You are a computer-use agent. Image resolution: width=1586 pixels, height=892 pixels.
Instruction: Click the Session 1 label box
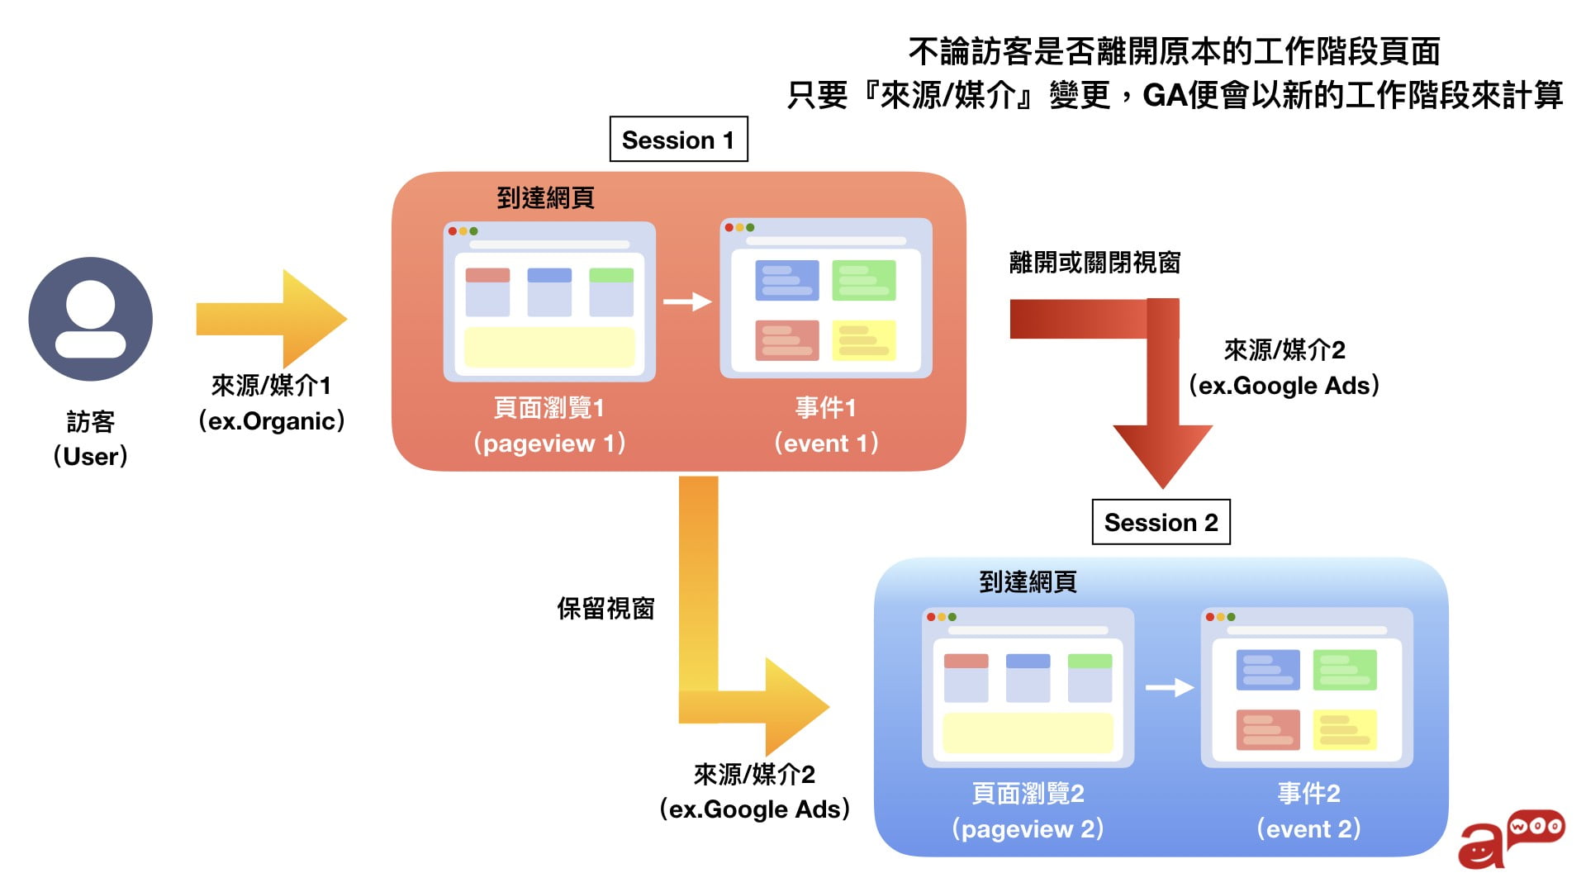pyautogui.click(x=678, y=140)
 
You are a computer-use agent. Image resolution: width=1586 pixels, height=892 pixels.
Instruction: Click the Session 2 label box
pyautogui.click(x=1161, y=522)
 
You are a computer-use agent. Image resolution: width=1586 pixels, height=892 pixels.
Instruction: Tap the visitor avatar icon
pyautogui.click(x=91, y=319)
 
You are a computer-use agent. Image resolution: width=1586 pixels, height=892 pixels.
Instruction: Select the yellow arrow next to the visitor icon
pyautogui.click(x=273, y=319)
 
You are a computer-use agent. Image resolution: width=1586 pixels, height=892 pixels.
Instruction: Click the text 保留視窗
pyautogui.click(x=605, y=609)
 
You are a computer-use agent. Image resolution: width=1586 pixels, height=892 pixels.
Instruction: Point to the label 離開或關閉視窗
pyautogui.click(x=1095, y=263)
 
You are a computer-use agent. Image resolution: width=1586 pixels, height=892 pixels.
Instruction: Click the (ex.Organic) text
pyautogui.click(x=271, y=421)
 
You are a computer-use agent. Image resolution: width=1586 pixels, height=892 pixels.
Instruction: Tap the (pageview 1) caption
pyautogui.click(x=549, y=444)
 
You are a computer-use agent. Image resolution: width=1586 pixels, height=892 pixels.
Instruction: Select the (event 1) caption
pyautogui.click(x=826, y=444)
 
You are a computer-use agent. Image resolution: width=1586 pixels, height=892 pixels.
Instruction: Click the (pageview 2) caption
pyautogui.click(x=1028, y=828)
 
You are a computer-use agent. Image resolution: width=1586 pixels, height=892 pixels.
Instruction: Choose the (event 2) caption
pyautogui.click(x=1308, y=828)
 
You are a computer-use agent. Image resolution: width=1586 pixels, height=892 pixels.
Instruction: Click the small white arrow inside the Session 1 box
pyautogui.click(x=687, y=302)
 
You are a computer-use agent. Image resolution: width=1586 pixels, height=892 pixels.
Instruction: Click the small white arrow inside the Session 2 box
pyautogui.click(x=1170, y=687)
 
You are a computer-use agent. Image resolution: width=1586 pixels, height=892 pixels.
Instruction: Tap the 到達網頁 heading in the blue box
pyautogui.click(x=1028, y=582)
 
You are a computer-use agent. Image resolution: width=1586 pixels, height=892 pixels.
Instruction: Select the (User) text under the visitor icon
pyautogui.click(x=91, y=456)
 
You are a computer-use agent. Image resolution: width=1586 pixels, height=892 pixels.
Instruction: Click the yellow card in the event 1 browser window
pyautogui.click(x=863, y=340)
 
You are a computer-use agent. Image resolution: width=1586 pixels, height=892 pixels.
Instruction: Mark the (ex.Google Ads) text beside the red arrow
pyautogui.click(x=1284, y=386)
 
